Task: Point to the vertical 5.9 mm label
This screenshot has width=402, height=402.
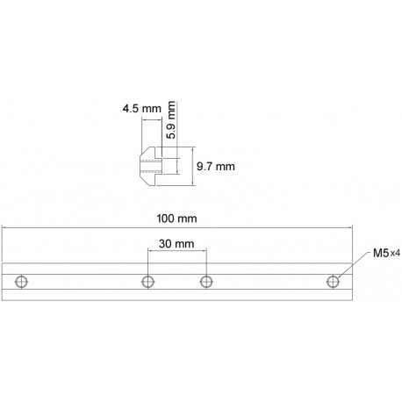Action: tap(172, 121)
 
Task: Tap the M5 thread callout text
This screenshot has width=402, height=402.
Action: tap(379, 254)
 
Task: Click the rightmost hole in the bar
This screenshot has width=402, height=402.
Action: tap(334, 281)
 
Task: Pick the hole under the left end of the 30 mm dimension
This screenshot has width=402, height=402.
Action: tap(147, 281)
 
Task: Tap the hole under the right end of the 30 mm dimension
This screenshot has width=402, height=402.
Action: tap(206, 281)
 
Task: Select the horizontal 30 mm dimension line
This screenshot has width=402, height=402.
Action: tap(176, 254)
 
